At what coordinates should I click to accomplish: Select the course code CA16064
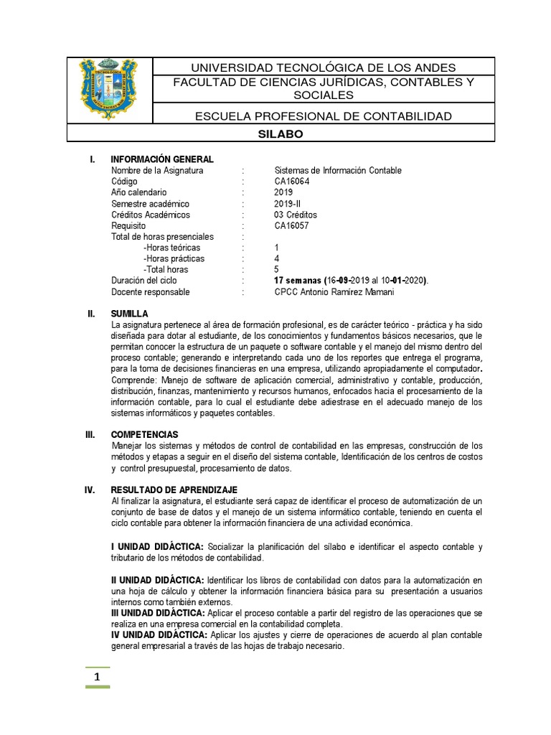294,182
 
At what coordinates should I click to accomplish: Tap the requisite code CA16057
294,225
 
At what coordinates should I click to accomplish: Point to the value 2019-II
288,204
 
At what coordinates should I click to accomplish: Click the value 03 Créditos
296,215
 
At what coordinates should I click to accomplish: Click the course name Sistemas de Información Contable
338,171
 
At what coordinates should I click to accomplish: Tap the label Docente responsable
150,292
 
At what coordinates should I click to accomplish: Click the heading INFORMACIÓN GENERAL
161,159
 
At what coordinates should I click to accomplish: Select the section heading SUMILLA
129,314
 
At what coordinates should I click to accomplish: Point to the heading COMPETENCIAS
144,434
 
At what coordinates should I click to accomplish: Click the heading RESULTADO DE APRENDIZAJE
169,489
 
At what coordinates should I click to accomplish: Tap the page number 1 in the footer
97,677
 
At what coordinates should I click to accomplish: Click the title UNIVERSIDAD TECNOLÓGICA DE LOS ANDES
324,67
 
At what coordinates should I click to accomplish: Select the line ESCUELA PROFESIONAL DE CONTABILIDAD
324,116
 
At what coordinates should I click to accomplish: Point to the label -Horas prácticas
174,258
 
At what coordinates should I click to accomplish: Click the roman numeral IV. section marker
90,489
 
